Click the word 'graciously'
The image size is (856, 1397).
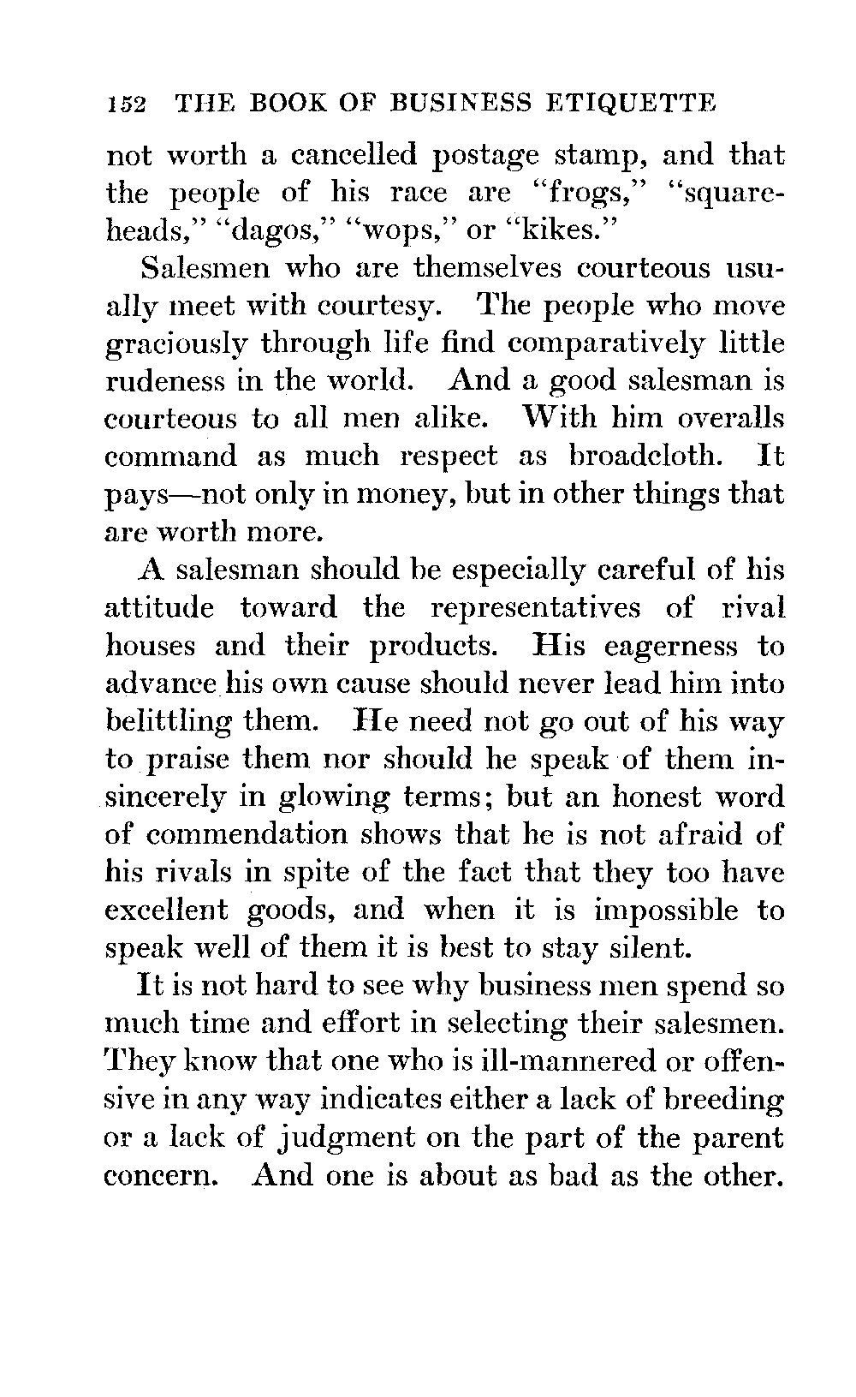[x=176, y=344]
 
